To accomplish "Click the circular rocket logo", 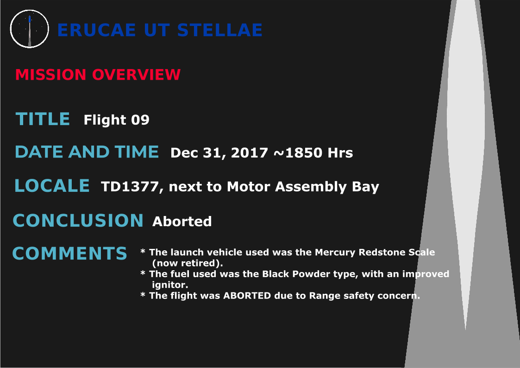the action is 30,29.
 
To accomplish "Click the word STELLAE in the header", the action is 220,30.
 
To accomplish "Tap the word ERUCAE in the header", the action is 96,30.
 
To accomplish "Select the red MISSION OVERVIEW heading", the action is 98,75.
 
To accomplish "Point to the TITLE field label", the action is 43,119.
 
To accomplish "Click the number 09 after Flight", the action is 140,120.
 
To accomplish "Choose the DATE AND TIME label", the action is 87,152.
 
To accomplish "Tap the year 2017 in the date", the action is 250,153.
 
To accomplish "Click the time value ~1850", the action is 298,153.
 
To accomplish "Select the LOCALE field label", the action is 52,185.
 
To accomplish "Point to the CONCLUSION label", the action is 78,220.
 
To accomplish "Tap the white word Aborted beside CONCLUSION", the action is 182,222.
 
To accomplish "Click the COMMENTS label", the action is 69,254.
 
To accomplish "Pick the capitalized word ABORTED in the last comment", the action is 247,296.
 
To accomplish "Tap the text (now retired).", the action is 188,263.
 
